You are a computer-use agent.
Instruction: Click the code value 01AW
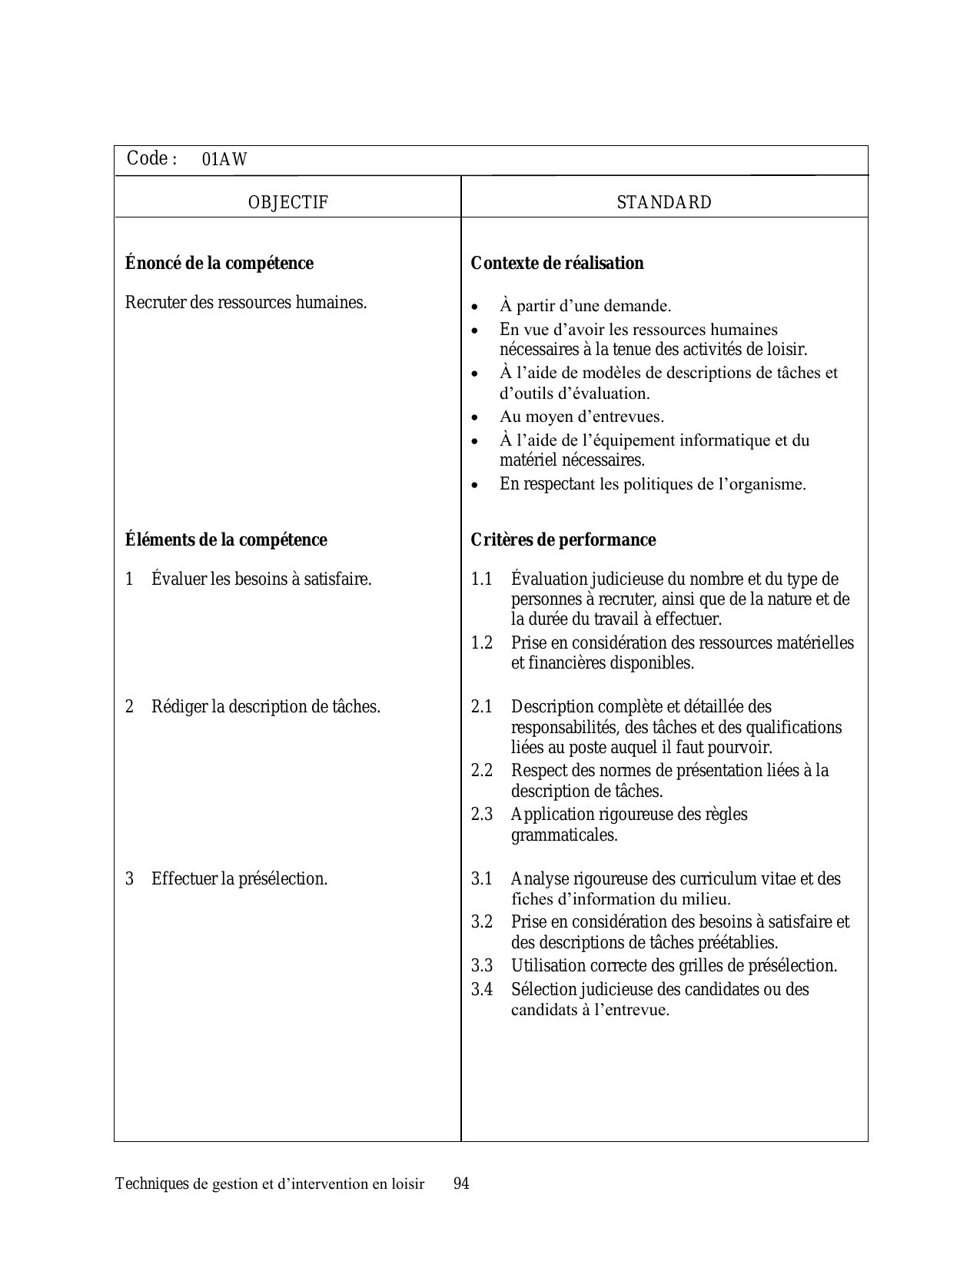coord(224,160)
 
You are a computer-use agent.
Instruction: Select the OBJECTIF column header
coord(288,203)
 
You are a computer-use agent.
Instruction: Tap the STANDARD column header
coord(664,203)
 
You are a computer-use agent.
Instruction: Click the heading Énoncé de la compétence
coord(219,264)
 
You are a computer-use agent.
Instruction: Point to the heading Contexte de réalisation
coord(557,264)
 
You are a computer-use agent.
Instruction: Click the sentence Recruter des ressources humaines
coord(246,303)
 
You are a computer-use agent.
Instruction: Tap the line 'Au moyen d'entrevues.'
coord(582,417)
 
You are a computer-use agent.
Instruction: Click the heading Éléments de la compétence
coord(226,540)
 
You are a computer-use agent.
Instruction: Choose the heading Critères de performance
coord(563,540)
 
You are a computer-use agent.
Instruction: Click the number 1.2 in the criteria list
coord(482,643)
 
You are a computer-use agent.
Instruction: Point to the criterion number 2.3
coord(482,815)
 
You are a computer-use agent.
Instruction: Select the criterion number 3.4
coord(482,990)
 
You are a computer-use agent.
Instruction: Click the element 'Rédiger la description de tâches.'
coord(266,707)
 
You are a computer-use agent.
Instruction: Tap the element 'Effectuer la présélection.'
coord(239,879)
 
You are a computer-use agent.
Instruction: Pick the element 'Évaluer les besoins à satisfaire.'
coord(261,579)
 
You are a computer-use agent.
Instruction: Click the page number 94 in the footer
coord(461,1183)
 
